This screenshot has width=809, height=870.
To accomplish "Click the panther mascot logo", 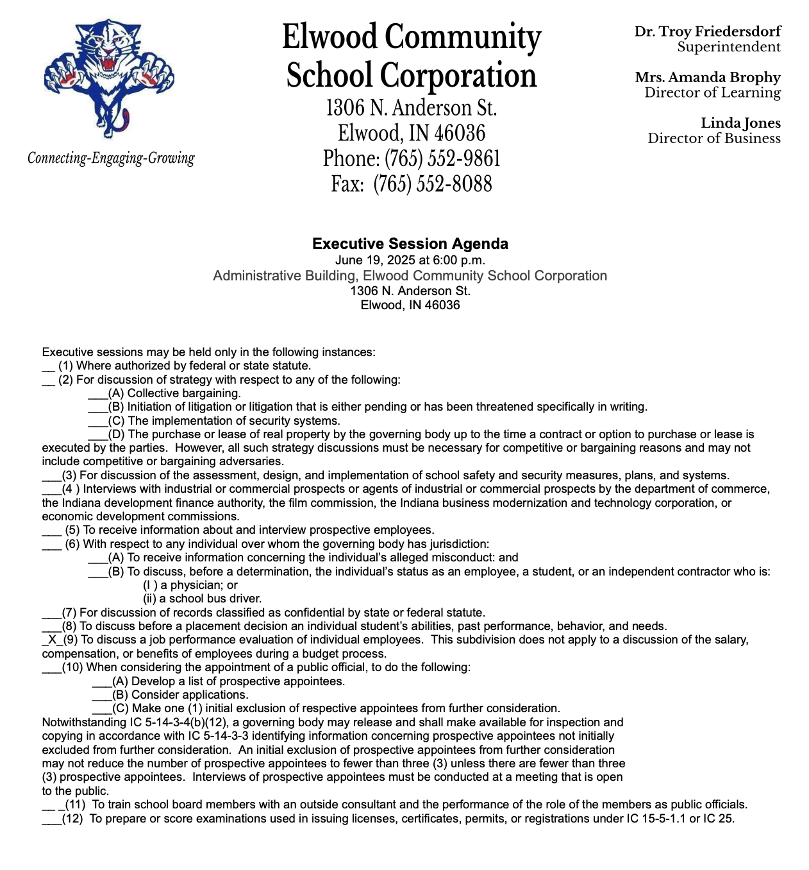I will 109,77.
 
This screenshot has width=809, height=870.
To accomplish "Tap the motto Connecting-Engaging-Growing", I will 111,158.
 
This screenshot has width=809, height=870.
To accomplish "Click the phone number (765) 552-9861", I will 442,158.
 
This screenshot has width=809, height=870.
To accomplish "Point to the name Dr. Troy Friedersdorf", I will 708,31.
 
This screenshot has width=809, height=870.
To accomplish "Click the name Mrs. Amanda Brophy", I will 708,78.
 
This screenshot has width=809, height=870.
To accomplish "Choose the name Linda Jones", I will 740,123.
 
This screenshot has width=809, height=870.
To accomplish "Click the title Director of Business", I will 714,139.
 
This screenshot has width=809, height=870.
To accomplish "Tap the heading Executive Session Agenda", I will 410,244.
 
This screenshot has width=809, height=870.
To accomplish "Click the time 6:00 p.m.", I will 458,260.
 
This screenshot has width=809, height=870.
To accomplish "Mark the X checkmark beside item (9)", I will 51,640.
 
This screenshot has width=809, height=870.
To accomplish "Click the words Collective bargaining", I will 184,393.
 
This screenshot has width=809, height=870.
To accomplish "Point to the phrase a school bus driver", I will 202,599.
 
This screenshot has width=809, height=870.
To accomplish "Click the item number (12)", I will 72,819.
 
